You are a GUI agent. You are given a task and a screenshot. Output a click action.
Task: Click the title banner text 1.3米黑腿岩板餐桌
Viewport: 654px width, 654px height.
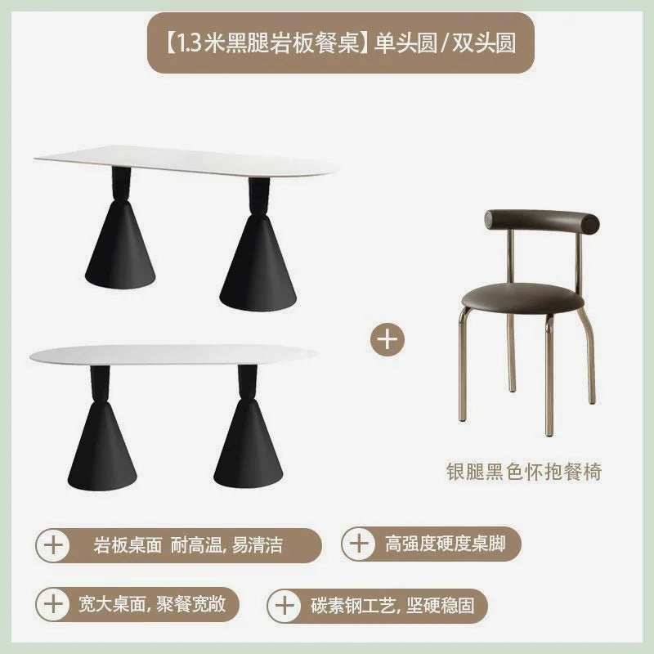[269, 44]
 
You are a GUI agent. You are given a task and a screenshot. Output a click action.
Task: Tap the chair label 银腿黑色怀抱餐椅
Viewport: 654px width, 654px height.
[523, 472]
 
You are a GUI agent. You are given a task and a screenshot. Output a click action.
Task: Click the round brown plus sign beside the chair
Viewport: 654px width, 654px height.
[387, 338]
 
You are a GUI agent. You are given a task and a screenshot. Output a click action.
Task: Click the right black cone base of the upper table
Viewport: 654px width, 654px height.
[259, 262]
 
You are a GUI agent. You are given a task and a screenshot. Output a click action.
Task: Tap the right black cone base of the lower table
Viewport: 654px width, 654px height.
[249, 446]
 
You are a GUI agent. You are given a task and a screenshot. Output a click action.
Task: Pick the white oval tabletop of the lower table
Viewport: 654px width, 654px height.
[173, 356]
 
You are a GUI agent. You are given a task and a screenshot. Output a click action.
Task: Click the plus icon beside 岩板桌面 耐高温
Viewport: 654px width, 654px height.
[53, 545]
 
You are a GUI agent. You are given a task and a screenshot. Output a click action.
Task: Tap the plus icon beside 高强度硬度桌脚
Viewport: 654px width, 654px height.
[359, 544]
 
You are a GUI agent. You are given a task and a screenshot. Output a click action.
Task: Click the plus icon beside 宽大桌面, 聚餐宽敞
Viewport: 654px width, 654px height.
[53, 604]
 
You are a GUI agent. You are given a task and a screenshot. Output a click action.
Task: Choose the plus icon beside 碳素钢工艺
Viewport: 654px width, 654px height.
[284, 606]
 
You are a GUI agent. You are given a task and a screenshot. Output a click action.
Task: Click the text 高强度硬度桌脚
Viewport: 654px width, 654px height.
[446, 544]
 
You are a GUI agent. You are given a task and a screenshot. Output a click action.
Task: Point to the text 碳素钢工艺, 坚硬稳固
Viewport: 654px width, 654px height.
[392, 606]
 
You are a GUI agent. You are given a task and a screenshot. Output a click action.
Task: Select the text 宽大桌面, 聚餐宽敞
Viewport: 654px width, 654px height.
[153, 603]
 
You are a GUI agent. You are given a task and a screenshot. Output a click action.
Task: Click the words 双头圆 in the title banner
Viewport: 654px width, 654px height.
[484, 44]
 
